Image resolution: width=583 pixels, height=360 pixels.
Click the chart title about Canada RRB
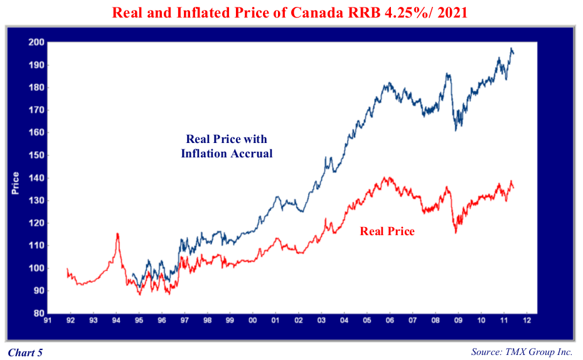291,12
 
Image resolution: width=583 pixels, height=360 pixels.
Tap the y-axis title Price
16,183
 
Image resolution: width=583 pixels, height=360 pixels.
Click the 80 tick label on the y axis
38,313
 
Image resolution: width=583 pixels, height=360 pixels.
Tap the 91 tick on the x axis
47,320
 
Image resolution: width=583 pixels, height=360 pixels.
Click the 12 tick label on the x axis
527,320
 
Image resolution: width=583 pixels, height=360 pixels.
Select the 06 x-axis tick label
390,320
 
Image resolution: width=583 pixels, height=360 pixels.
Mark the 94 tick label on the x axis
115,320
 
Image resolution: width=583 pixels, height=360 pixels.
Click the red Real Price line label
387,231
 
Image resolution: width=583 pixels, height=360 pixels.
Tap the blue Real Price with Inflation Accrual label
227,146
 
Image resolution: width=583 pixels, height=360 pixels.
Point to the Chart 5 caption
25,352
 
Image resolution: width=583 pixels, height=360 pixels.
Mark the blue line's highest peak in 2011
511,48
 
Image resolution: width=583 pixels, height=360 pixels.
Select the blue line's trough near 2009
456,130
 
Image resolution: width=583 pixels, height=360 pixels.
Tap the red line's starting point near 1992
67,268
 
